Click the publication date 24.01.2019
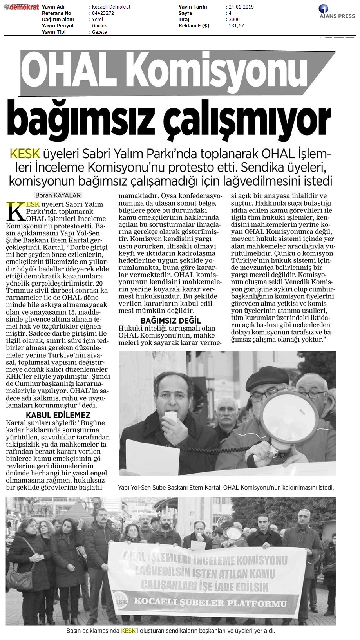click(240, 7)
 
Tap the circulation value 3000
click(234, 20)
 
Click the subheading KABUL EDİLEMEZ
click(58, 415)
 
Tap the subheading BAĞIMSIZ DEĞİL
click(171, 321)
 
